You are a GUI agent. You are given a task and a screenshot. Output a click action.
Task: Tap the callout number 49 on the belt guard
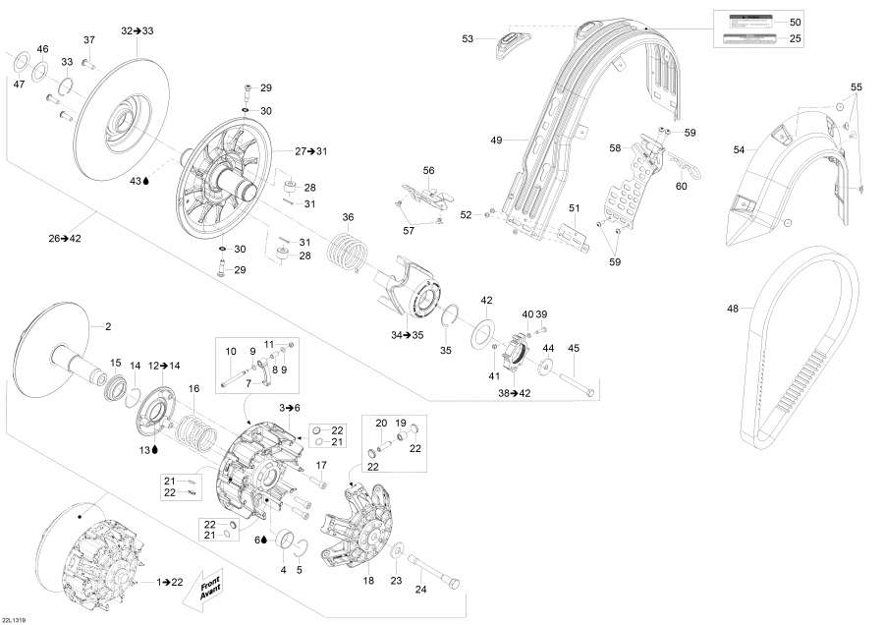[497, 141]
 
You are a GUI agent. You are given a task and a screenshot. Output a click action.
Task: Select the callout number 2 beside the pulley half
[108, 326]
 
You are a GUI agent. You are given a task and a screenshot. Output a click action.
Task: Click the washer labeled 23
[396, 557]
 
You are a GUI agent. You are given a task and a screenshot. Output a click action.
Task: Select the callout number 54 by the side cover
[740, 149]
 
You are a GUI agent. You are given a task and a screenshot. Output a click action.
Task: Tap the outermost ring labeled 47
[19, 68]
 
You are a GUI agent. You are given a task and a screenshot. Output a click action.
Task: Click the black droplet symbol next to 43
[146, 181]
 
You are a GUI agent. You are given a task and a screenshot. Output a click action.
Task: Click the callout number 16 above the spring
[193, 389]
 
